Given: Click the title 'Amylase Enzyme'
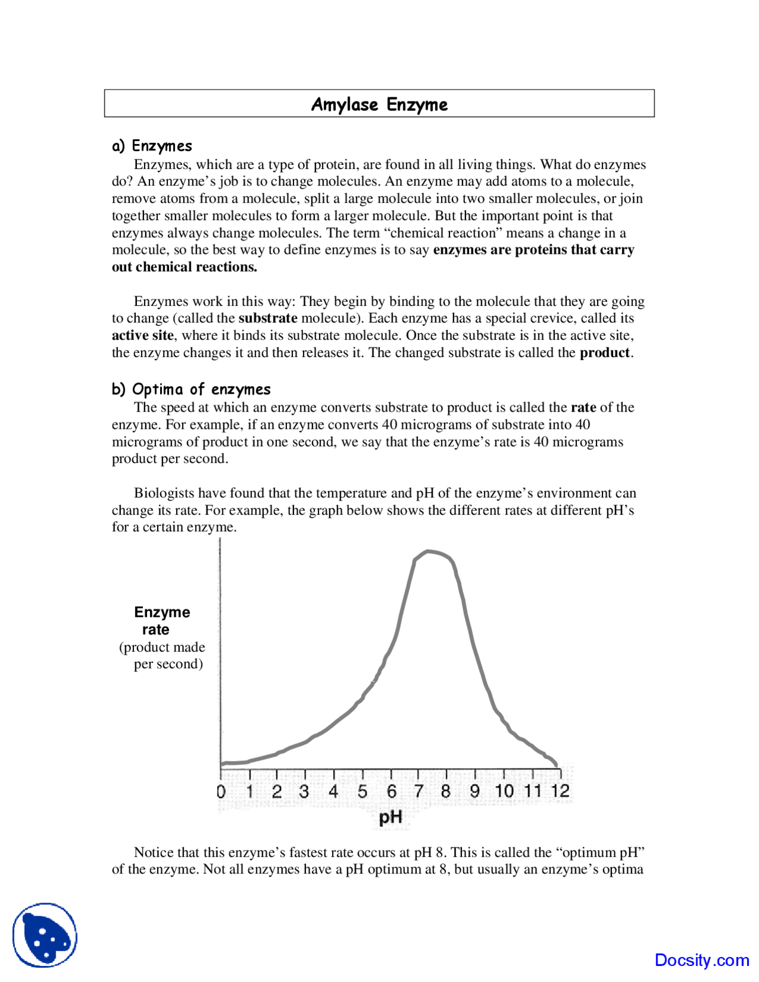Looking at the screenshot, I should click(379, 104).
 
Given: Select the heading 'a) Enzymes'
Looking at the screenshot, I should click(152, 146).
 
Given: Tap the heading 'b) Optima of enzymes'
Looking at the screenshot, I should click(192, 389).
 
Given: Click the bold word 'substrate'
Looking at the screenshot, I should click(267, 318).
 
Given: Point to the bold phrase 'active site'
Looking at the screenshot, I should click(142, 335).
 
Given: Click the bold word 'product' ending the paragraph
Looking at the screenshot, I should click(604, 352).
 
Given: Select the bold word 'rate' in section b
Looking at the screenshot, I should click(583, 407).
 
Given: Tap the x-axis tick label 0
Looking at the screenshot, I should click(221, 791).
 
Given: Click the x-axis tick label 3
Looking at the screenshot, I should click(304, 791).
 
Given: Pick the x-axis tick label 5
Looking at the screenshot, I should click(362, 791).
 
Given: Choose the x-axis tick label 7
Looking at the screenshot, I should click(419, 791).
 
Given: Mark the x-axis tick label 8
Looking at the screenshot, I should click(446, 791).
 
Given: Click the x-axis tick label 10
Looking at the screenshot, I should click(504, 791).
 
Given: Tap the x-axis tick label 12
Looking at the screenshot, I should click(560, 791).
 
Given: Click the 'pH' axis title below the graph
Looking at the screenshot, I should click(391, 817).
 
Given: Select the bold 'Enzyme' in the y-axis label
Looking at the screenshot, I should click(162, 612).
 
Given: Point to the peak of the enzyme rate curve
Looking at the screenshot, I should click(428, 551).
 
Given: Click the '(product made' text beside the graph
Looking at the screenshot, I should click(162, 647).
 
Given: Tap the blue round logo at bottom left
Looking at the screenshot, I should click(45, 935).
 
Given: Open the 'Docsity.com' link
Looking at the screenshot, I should click(701, 959).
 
